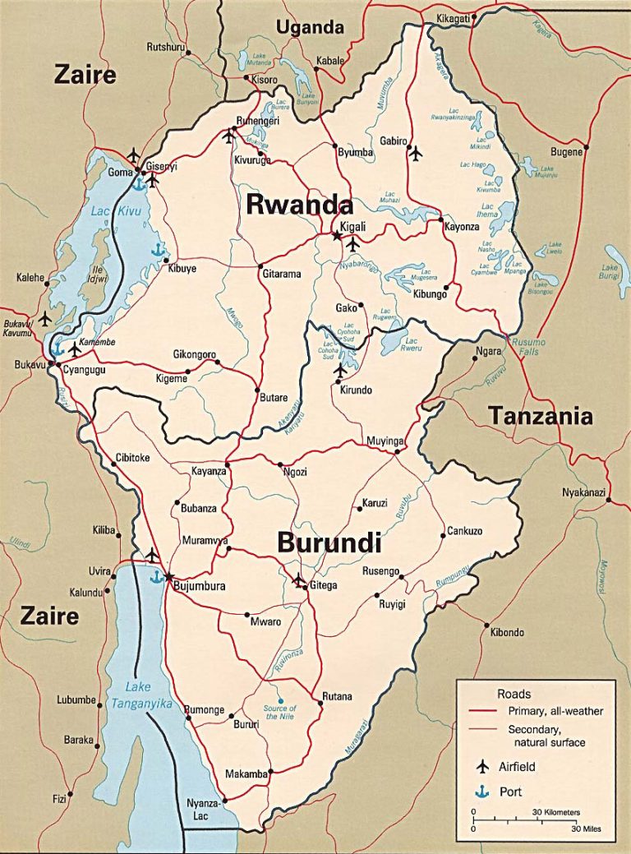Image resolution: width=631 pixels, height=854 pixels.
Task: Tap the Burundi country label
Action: (329, 543)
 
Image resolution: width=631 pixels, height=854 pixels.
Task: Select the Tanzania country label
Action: (541, 416)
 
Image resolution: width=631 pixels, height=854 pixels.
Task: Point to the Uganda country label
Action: (310, 27)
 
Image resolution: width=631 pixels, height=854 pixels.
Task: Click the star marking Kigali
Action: (337, 236)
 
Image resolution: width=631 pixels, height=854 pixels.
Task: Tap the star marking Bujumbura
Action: (168, 576)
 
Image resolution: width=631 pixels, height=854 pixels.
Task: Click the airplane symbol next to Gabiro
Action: (415, 153)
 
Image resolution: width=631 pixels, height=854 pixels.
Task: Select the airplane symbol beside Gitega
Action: (299, 580)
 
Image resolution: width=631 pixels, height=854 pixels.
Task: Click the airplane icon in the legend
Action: (483, 766)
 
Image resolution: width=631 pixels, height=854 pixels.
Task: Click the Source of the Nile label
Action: (279, 712)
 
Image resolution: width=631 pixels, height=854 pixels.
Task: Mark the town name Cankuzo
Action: (464, 531)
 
